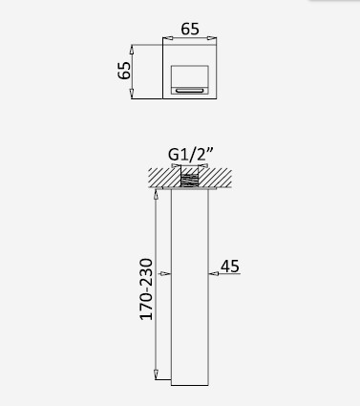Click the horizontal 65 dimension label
190,29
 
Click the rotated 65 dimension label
124,70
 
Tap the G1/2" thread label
190,155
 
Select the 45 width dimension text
230,267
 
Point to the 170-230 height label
146,289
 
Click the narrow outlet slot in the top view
190,91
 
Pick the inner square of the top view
190,79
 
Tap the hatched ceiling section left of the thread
164,178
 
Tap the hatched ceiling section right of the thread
215,178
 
